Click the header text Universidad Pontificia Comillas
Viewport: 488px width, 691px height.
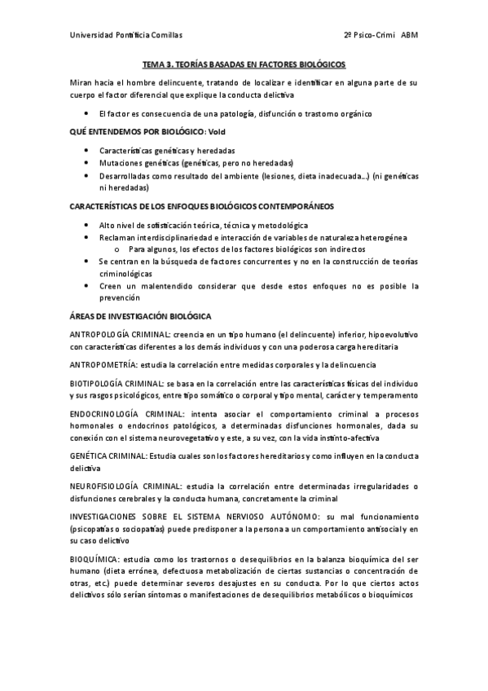point(125,36)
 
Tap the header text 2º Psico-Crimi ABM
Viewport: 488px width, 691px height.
point(380,36)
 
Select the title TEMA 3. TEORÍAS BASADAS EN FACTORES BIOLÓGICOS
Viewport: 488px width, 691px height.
point(244,64)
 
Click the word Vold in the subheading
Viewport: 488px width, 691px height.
point(218,131)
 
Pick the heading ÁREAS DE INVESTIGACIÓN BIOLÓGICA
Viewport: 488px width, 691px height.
point(141,315)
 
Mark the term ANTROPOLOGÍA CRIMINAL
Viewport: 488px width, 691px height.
point(120,334)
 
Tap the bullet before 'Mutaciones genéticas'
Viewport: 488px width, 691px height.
point(87,163)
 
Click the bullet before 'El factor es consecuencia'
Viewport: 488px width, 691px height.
point(87,113)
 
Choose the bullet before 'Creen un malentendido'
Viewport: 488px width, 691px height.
point(87,286)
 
